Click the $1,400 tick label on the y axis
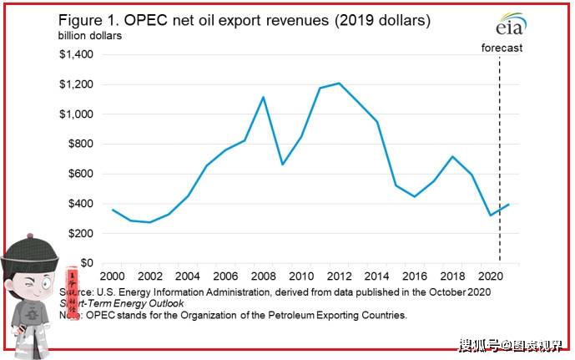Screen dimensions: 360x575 tap(75, 55)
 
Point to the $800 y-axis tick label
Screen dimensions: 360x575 tap(79, 145)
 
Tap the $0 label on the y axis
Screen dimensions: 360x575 tap(88, 263)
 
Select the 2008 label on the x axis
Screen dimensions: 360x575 tap(263, 276)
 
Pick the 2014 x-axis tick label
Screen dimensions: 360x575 tap(377, 276)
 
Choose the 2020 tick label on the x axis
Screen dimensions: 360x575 tap(490, 276)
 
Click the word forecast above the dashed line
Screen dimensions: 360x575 tap(502, 48)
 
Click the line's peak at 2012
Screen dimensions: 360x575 tap(339, 84)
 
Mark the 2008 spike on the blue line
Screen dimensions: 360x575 tap(264, 97)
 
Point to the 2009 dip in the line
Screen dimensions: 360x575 tap(282, 164)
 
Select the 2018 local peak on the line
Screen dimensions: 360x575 tap(452, 156)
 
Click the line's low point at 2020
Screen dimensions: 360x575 tap(490, 215)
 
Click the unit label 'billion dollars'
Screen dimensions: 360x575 tap(89, 36)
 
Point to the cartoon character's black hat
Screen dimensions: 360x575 tap(29, 251)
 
